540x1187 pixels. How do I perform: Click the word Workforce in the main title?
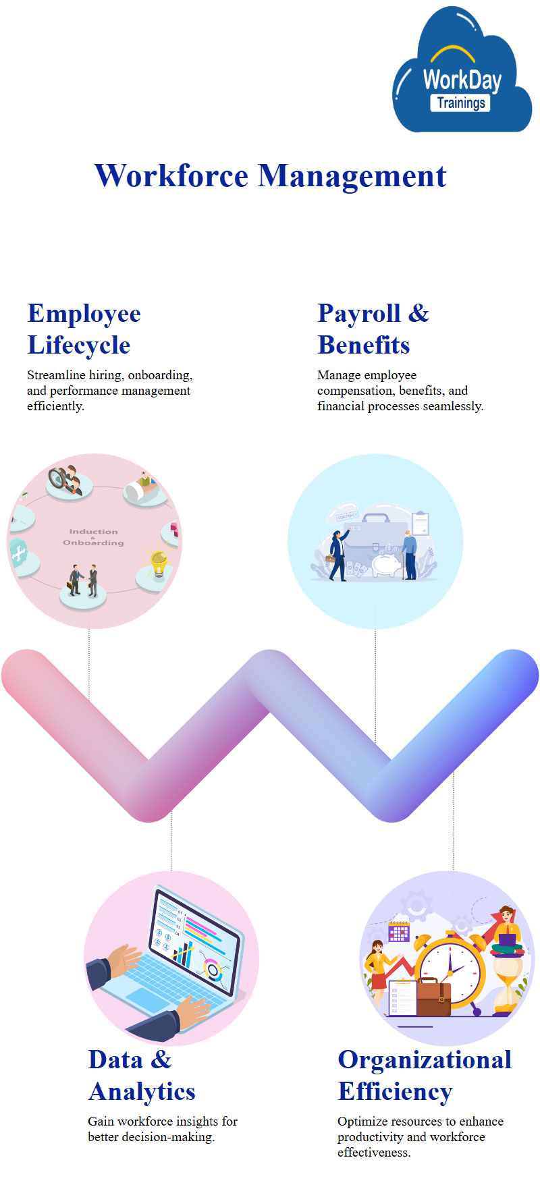pyautogui.click(x=171, y=176)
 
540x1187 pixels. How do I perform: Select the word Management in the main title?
pyautogui.click(x=352, y=176)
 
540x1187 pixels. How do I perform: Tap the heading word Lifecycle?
pyautogui.click(x=79, y=346)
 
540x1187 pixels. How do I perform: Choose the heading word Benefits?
pyautogui.click(x=364, y=345)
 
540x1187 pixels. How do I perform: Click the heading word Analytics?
pyautogui.click(x=142, y=1092)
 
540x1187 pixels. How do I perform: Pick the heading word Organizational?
pyautogui.click(x=425, y=1059)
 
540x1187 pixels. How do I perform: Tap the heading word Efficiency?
pyautogui.click(x=395, y=1092)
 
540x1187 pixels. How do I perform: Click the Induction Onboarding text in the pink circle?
pyautogui.click(x=93, y=537)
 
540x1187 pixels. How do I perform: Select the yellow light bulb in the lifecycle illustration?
pyautogui.click(x=159, y=563)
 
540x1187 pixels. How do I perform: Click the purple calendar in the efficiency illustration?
pyautogui.click(x=399, y=933)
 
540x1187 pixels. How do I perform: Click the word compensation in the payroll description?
pyautogui.click(x=355, y=391)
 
